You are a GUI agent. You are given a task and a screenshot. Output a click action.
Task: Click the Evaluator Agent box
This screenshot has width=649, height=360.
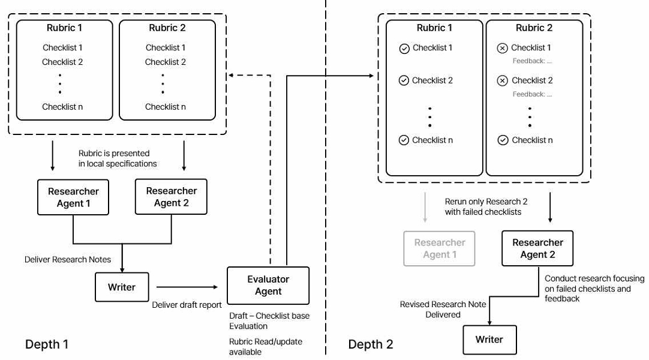click(268, 286)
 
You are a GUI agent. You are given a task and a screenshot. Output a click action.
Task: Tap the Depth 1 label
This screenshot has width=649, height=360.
click(47, 344)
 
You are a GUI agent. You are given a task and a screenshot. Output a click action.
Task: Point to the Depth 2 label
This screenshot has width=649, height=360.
click(371, 344)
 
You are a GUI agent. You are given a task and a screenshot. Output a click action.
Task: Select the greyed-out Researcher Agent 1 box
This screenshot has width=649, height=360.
click(439, 248)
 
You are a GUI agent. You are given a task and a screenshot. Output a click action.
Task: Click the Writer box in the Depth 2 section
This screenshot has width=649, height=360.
click(489, 340)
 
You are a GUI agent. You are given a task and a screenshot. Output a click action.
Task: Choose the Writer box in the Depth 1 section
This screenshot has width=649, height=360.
click(122, 287)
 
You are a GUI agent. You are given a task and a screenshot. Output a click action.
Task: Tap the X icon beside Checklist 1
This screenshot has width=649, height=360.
click(503, 49)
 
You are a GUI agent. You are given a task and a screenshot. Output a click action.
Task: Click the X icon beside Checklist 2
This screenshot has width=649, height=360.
click(503, 80)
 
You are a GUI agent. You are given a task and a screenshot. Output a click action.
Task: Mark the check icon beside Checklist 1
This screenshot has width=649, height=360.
click(404, 49)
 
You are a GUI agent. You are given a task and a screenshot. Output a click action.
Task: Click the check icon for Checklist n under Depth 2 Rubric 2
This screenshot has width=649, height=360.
click(503, 140)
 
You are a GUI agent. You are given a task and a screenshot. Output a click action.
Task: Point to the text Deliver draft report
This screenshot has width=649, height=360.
click(187, 305)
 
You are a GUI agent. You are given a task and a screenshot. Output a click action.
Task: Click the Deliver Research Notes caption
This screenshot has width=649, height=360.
click(67, 259)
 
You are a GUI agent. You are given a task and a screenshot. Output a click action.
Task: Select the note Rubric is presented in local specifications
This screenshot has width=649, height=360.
click(118, 158)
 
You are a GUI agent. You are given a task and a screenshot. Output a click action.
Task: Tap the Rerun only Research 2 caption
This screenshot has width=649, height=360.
click(486, 206)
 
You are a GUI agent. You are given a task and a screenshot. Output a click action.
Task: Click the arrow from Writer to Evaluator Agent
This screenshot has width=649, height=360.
click(187, 287)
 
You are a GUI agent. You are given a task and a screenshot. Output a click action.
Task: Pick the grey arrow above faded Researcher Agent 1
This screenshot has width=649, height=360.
click(425, 207)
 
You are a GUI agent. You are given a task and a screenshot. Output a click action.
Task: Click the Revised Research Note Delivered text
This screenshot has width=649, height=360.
click(443, 310)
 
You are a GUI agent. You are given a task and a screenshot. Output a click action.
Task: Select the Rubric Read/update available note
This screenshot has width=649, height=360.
click(266, 347)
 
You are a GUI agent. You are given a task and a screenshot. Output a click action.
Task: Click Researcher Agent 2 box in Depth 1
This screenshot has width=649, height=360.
click(171, 197)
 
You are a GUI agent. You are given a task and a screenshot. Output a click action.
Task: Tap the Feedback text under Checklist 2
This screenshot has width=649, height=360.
click(532, 94)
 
